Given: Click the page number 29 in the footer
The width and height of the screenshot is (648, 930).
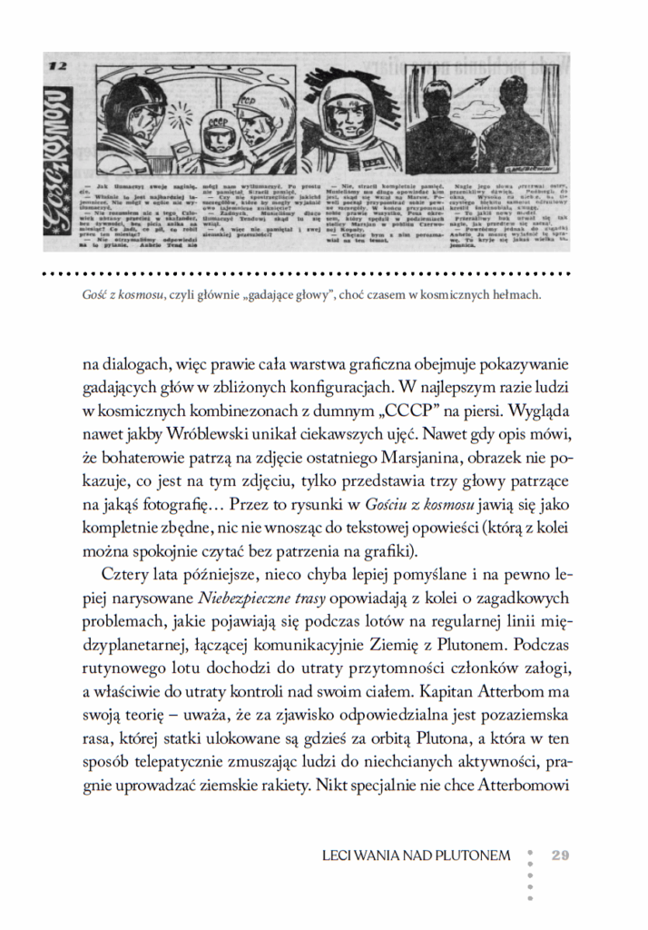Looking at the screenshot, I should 559,855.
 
